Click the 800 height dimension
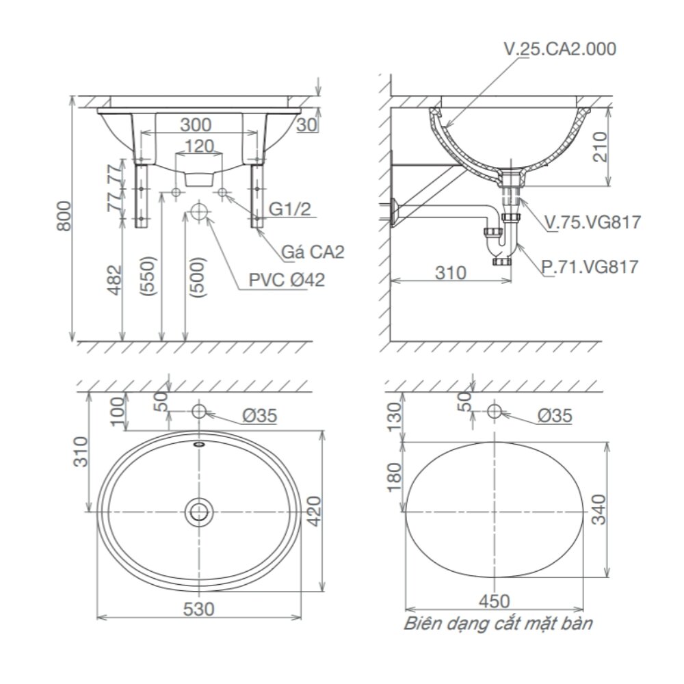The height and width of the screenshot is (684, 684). [x=63, y=216]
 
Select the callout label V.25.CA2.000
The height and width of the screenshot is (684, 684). [x=559, y=49]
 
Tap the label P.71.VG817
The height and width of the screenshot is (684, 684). [x=589, y=266]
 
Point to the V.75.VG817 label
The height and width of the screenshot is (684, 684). [x=592, y=222]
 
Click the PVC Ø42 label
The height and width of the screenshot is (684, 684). [x=287, y=279]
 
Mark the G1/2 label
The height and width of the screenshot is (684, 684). [x=290, y=209]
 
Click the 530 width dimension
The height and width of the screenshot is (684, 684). [x=198, y=607]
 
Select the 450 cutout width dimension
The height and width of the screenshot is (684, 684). [x=495, y=601]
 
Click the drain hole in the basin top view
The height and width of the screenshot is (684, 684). [x=199, y=511]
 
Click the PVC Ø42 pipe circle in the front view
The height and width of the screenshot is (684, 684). [x=199, y=211]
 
